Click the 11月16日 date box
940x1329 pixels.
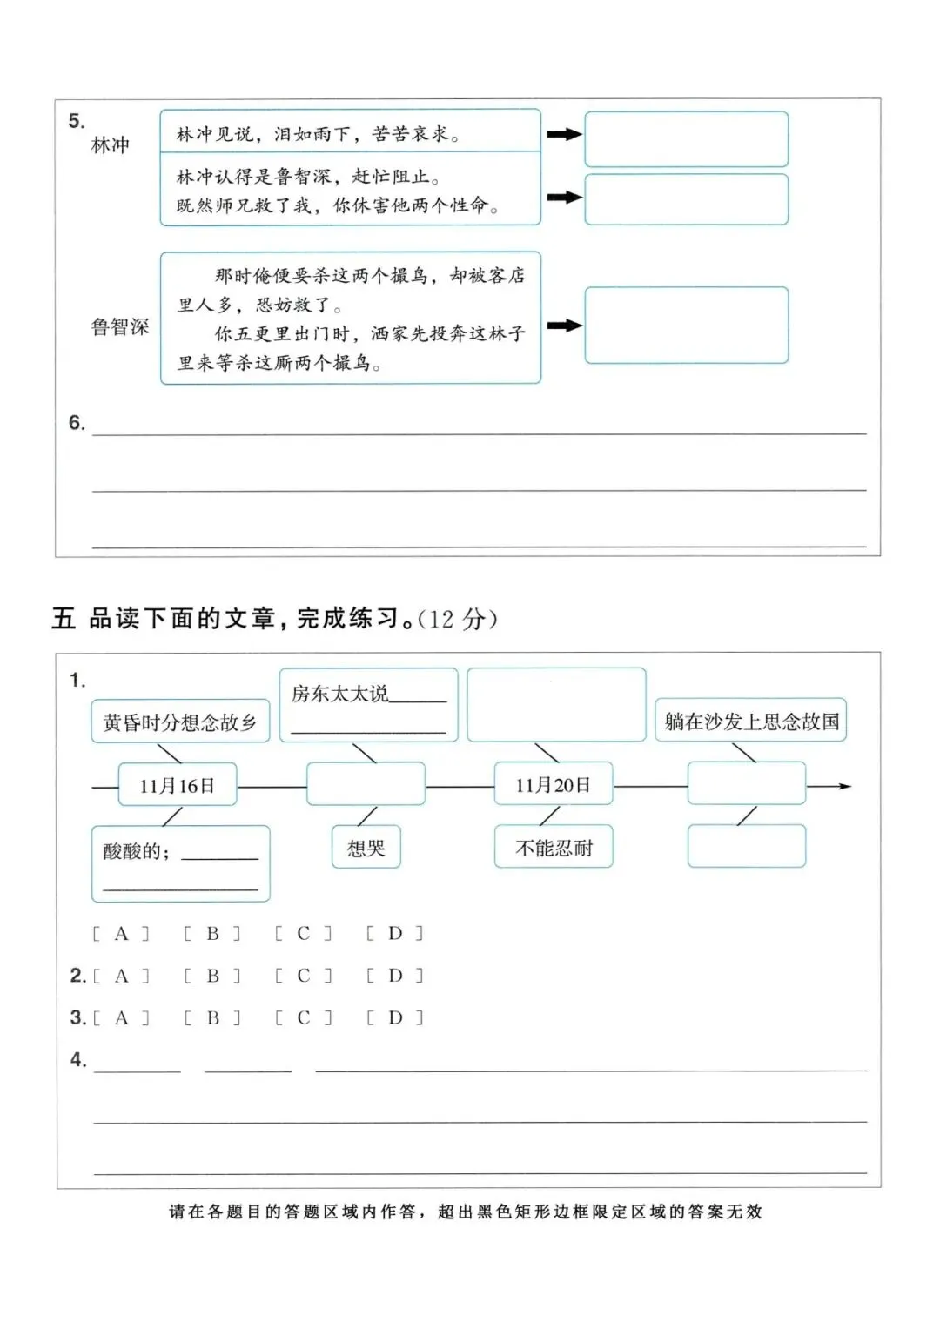pos(178,785)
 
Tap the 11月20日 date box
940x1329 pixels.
pos(553,784)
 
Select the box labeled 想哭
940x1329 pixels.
pos(366,848)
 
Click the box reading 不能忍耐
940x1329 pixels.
pos(554,848)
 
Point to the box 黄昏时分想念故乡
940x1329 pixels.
pos(180,722)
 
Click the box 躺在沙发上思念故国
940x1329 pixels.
pos(751,721)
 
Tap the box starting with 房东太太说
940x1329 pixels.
pos(368,705)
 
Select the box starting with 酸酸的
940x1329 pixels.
pos(180,863)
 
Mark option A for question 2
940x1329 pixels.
pos(121,976)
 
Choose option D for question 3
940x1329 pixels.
pos(395,1017)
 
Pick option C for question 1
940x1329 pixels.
pos(303,934)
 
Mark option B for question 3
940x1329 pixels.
pos(212,1017)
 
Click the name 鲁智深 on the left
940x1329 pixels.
pos(120,327)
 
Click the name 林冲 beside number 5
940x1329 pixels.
pos(111,145)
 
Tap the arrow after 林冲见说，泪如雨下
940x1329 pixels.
pos(564,135)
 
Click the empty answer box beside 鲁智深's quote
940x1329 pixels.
pos(686,325)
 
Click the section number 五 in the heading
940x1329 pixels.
pos(64,619)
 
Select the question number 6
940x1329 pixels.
pos(77,423)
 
